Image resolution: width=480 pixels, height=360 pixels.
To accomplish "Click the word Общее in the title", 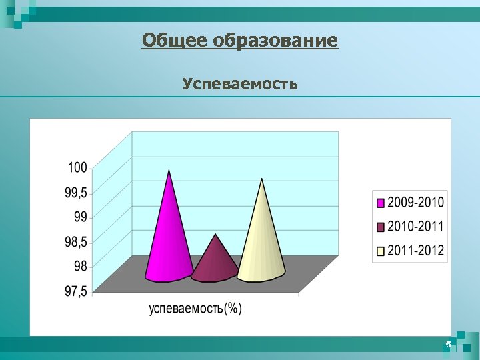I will (175, 41).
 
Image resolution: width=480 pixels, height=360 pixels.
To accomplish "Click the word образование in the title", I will (275, 41).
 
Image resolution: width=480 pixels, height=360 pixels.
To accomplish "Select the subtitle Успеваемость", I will (240, 84).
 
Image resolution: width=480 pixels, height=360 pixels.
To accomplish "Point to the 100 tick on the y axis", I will (77, 167).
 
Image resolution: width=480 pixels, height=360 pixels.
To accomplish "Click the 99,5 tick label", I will (75, 192).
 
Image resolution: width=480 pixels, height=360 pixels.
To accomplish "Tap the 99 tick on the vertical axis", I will (80, 217).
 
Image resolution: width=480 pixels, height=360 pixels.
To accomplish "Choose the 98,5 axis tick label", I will (75, 241).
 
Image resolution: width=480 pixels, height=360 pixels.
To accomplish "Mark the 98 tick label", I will (80, 266).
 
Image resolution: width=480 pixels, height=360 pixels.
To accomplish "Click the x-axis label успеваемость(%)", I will (195, 309).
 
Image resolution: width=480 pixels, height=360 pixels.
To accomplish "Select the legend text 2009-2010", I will (415, 202).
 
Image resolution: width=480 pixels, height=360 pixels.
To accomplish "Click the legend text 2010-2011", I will (415, 227).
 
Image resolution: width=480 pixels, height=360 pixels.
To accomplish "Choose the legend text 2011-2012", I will (415, 251).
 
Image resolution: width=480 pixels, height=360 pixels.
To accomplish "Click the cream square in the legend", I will (381, 252).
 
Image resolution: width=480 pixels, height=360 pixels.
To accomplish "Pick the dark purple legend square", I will (381, 227).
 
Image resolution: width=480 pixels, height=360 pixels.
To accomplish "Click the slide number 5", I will (448, 345).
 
